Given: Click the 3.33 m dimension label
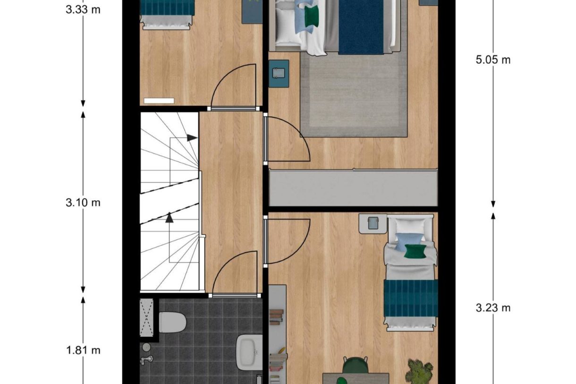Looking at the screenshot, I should pos(83,9).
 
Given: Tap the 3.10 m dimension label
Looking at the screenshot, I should pos(83,203).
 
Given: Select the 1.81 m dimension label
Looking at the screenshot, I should pos(83,350).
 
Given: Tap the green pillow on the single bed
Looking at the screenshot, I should pos(414,251).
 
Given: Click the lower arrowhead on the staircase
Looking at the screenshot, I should pos(169,218).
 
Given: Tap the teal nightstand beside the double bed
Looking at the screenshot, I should pos(279,73).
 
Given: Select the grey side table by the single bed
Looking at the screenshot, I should pos(373,223).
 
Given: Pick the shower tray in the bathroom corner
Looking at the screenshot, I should pos(147,317).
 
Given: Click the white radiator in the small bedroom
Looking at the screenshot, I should pos(159,101).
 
